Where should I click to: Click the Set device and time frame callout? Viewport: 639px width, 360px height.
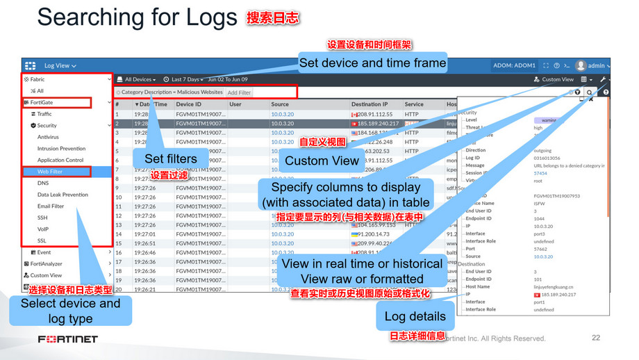[372, 63]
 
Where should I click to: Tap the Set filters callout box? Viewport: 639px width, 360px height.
[170, 158]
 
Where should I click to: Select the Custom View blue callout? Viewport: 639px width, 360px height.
[322, 161]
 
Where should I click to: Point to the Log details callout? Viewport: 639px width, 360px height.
[415, 316]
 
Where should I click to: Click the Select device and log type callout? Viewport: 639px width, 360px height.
[70, 311]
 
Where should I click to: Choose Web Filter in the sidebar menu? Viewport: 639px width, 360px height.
[50, 172]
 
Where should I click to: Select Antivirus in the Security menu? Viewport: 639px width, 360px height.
[48, 137]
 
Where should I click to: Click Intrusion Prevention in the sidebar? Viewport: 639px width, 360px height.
[61, 149]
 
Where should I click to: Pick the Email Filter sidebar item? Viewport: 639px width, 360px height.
[51, 206]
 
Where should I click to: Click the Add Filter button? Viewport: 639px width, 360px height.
[240, 92]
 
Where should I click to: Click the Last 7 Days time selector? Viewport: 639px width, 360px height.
[184, 79]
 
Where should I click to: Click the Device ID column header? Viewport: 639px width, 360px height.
[188, 104]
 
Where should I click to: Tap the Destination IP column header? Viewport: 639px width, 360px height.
[370, 104]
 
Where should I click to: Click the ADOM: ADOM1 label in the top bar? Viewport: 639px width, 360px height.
[514, 66]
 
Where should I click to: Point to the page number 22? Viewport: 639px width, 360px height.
[595, 338]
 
